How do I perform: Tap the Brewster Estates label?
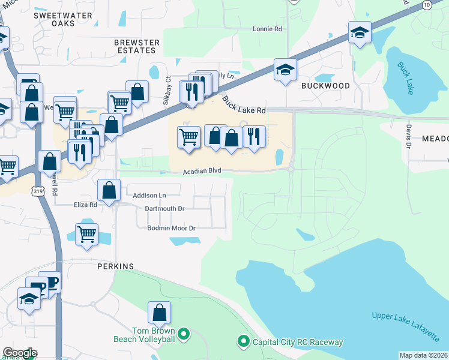click(137, 46)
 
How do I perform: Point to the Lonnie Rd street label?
click(267, 29)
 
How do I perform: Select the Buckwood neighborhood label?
click(325, 86)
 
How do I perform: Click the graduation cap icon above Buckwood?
click(286, 70)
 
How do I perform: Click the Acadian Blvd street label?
click(202, 171)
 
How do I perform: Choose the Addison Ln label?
click(149, 196)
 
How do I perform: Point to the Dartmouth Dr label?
click(164, 209)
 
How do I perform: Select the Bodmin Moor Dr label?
click(172, 229)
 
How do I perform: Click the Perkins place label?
click(115, 266)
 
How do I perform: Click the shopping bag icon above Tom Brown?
click(160, 313)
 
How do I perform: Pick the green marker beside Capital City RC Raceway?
click(243, 342)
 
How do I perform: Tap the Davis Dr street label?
click(408, 137)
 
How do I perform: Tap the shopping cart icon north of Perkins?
click(87, 234)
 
